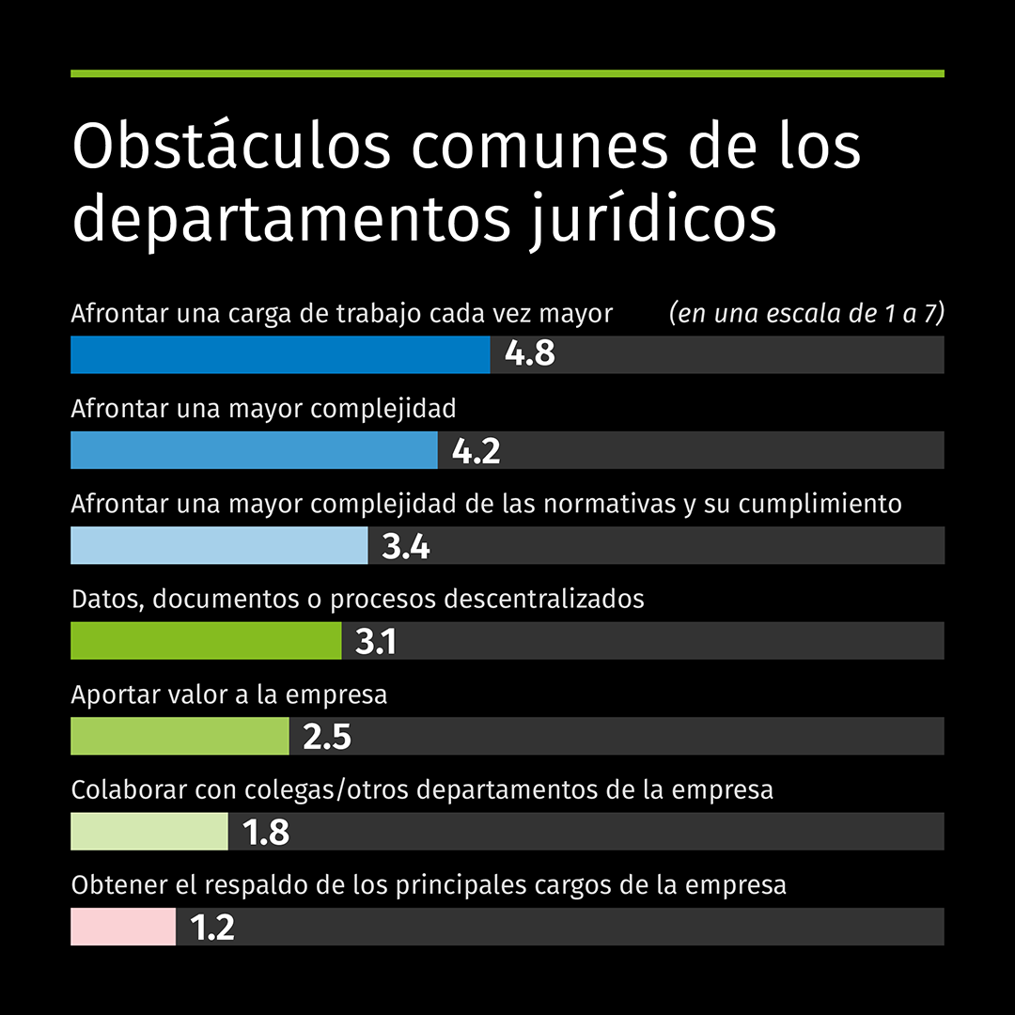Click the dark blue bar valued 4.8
[x=280, y=354]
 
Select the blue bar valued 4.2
[x=254, y=450]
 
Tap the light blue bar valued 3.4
[x=219, y=545]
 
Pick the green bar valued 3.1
[x=206, y=641]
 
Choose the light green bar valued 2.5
[x=180, y=736]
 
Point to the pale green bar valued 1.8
[x=148, y=832]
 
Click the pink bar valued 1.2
[x=122, y=927]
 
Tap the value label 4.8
[x=529, y=354]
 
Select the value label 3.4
[x=405, y=546]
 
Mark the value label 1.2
[x=211, y=928]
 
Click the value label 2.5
[x=326, y=737]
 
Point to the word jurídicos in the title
[x=652, y=220]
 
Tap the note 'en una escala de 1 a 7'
[x=806, y=314]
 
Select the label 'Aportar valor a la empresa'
[x=229, y=695]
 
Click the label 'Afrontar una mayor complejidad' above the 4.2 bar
[x=263, y=409]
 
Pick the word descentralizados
[x=543, y=599]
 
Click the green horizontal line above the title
[x=507, y=73]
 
